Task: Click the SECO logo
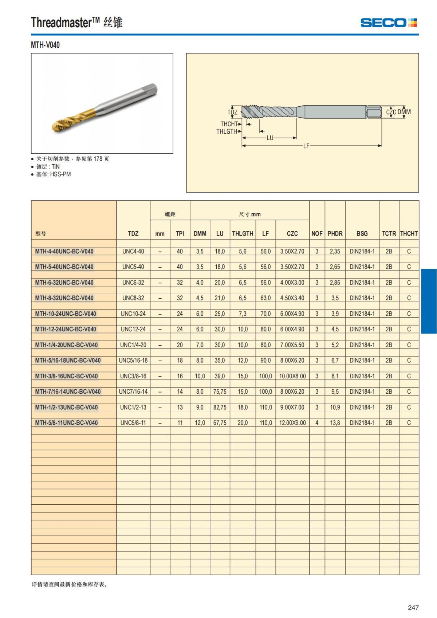[388, 23]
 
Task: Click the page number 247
[413, 607]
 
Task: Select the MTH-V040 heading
[45, 45]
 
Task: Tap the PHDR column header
[335, 233]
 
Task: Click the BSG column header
[362, 233]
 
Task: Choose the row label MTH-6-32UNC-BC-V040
[64, 282]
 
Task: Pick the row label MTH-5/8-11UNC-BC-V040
[66, 423]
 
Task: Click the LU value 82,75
[220, 407]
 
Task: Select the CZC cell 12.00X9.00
[292, 423]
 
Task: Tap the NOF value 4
[317, 423]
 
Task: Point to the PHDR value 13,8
[335, 423]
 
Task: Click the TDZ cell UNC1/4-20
[133, 345]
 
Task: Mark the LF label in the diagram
[306, 146]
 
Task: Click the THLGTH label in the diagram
[227, 131]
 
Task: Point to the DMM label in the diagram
[404, 112]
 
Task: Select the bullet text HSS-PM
[60, 174]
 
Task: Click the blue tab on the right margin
[429, 301]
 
